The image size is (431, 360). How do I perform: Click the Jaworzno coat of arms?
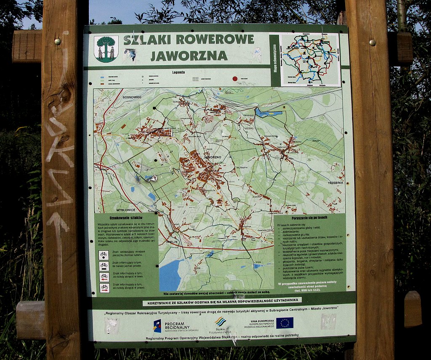pos(106,48)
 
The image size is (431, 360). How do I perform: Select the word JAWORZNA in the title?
pos(189,56)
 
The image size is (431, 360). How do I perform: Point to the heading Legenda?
pos(178,72)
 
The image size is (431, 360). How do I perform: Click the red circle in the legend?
pos(235,79)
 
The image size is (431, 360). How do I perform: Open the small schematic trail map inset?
pos(311,59)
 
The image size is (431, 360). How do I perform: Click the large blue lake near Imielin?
pos(172,274)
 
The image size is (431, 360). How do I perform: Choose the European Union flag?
pos(285,323)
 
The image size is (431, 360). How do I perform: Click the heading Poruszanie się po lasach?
pos(309,217)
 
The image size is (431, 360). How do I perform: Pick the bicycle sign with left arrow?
pos(104,277)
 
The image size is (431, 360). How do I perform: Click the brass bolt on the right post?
pos(372,42)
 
